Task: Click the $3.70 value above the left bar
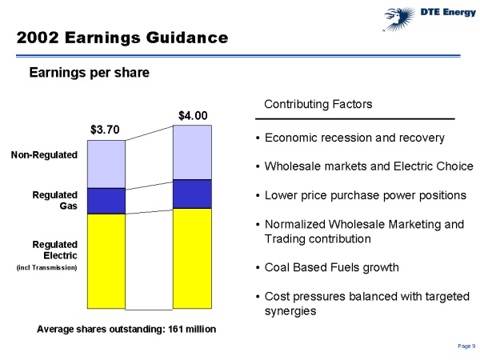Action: click(105, 130)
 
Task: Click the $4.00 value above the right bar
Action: click(193, 116)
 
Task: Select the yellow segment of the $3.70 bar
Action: click(106, 261)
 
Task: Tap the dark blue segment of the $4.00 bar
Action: click(192, 194)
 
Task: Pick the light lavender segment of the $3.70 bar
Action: click(106, 164)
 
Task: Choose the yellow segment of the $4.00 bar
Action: click(192, 258)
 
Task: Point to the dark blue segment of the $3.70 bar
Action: click(106, 201)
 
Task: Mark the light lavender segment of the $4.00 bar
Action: click(192, 153)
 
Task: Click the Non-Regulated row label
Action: click(44, 155)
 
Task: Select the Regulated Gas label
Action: click(54, 200)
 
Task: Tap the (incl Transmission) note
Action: click(46, 267)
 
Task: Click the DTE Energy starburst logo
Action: click(398, 19)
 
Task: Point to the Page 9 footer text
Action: click(466, 346)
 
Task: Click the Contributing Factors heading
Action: click(318, 104)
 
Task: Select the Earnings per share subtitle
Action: click(89, 73)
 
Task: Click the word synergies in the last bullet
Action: click(290, 311)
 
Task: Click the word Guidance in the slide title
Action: click(186, 38)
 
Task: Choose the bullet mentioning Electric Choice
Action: click(365, 166)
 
